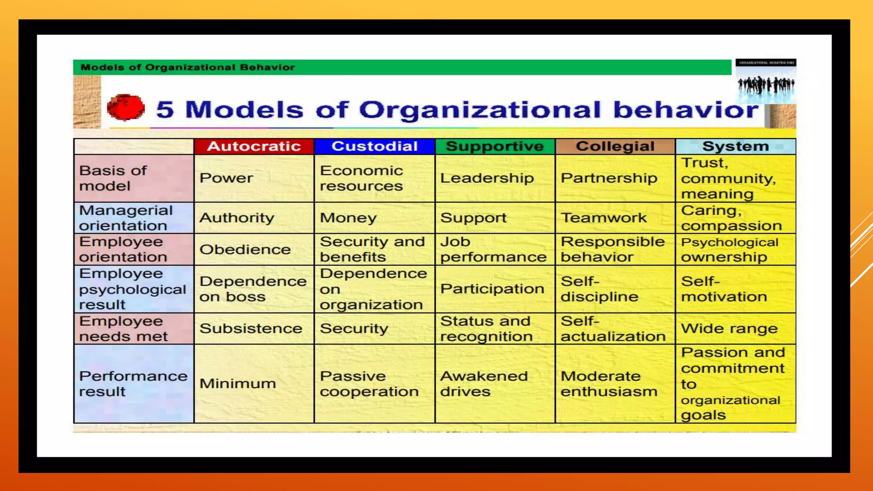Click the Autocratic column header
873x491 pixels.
tap(254, 146)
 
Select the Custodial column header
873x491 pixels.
tap(374, 146)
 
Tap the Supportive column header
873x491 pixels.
tap(494, 146)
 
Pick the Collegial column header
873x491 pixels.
tap(615, 146)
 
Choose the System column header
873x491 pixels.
tap(735, 146)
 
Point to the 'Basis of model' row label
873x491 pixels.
tap(113, 178)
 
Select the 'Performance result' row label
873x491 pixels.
tap(133, 384)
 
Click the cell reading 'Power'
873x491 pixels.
tap(226, 178)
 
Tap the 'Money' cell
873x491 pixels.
tap(348, 218)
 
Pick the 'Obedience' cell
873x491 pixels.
tap(245, 249)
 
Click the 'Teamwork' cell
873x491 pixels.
tap(604, 218)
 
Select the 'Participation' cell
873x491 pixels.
tap(492, 289)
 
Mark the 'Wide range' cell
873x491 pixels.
tap(729, 329)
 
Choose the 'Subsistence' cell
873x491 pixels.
tap(251, 329)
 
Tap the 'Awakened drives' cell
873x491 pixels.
tap(484, 384)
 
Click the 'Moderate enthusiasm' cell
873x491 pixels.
tap(609, 384)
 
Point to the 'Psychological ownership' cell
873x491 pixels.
tap(729, 249)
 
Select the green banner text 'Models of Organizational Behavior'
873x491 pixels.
tap(188, 67)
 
